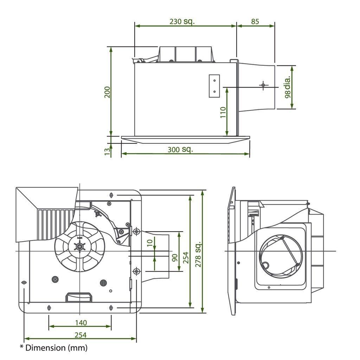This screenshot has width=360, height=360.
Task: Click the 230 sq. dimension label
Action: coord(182,21)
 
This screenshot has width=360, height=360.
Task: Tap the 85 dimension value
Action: coord(255,21)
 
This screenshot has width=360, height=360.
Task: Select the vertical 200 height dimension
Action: coord(108,92)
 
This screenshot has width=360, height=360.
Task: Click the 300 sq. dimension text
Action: coord(180,149)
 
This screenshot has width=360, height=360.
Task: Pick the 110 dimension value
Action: coord(223,112)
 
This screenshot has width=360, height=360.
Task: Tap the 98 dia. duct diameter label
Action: coord(288,87)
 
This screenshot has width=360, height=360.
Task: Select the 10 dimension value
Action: coord(151,243)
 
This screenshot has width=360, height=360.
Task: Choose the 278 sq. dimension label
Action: coord(198,254)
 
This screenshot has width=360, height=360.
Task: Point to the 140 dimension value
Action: coord(81,322)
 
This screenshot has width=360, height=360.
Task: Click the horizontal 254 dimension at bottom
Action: coord(81,335)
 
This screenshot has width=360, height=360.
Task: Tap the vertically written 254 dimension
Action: coord(186,258)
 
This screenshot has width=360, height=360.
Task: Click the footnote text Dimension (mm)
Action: coord(53,348)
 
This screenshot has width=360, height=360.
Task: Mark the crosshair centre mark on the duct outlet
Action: coord(263,85)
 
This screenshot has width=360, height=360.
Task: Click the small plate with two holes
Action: coord(214,86)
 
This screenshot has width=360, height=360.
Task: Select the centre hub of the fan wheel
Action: coord(80,247)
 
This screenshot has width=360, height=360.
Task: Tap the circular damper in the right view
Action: coord(280,255)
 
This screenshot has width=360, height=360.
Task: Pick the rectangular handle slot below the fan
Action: coord(79,297)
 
